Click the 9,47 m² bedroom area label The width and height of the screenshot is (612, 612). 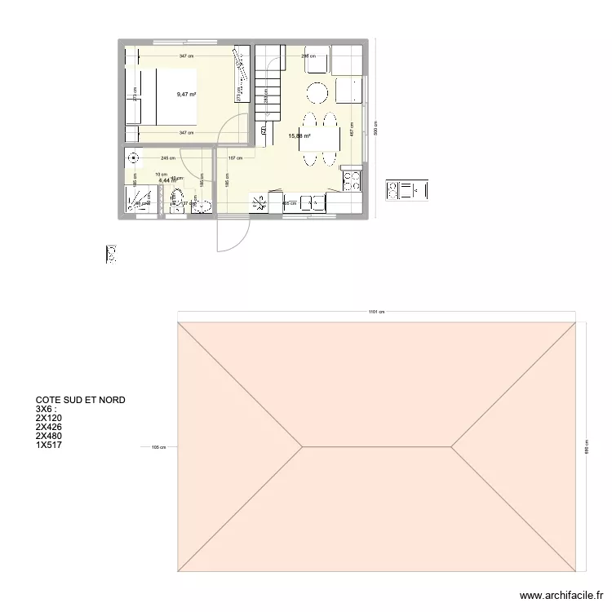(187, 95)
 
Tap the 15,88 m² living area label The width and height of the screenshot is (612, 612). (299, 136)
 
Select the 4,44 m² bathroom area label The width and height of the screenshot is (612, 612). (167, 180)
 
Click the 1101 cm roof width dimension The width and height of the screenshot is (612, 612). (375, 312)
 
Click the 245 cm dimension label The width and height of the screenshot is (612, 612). (168, 158)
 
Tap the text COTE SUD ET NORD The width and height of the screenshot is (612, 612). (80, 401)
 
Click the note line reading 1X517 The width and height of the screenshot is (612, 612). (49, 445)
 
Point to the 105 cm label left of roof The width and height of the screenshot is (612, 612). (158, 447)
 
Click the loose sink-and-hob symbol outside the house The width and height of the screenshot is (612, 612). (406, 191)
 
